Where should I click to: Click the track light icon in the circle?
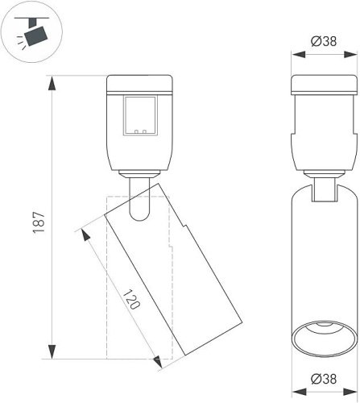35,34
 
